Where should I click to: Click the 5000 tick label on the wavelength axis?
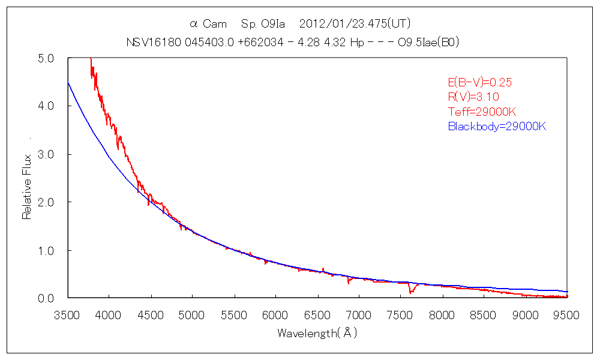click(192, 316)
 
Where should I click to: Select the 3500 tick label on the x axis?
click(67, 316)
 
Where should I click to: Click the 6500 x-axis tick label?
click(317, 316)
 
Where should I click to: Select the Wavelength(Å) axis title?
click(317, 333)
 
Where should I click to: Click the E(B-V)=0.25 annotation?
click(480, 83)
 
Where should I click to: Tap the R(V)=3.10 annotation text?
click(474, 97)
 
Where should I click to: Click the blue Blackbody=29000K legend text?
click(497, 127)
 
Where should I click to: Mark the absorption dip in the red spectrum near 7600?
click(411, 291)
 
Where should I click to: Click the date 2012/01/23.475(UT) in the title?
click(354, 24)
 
